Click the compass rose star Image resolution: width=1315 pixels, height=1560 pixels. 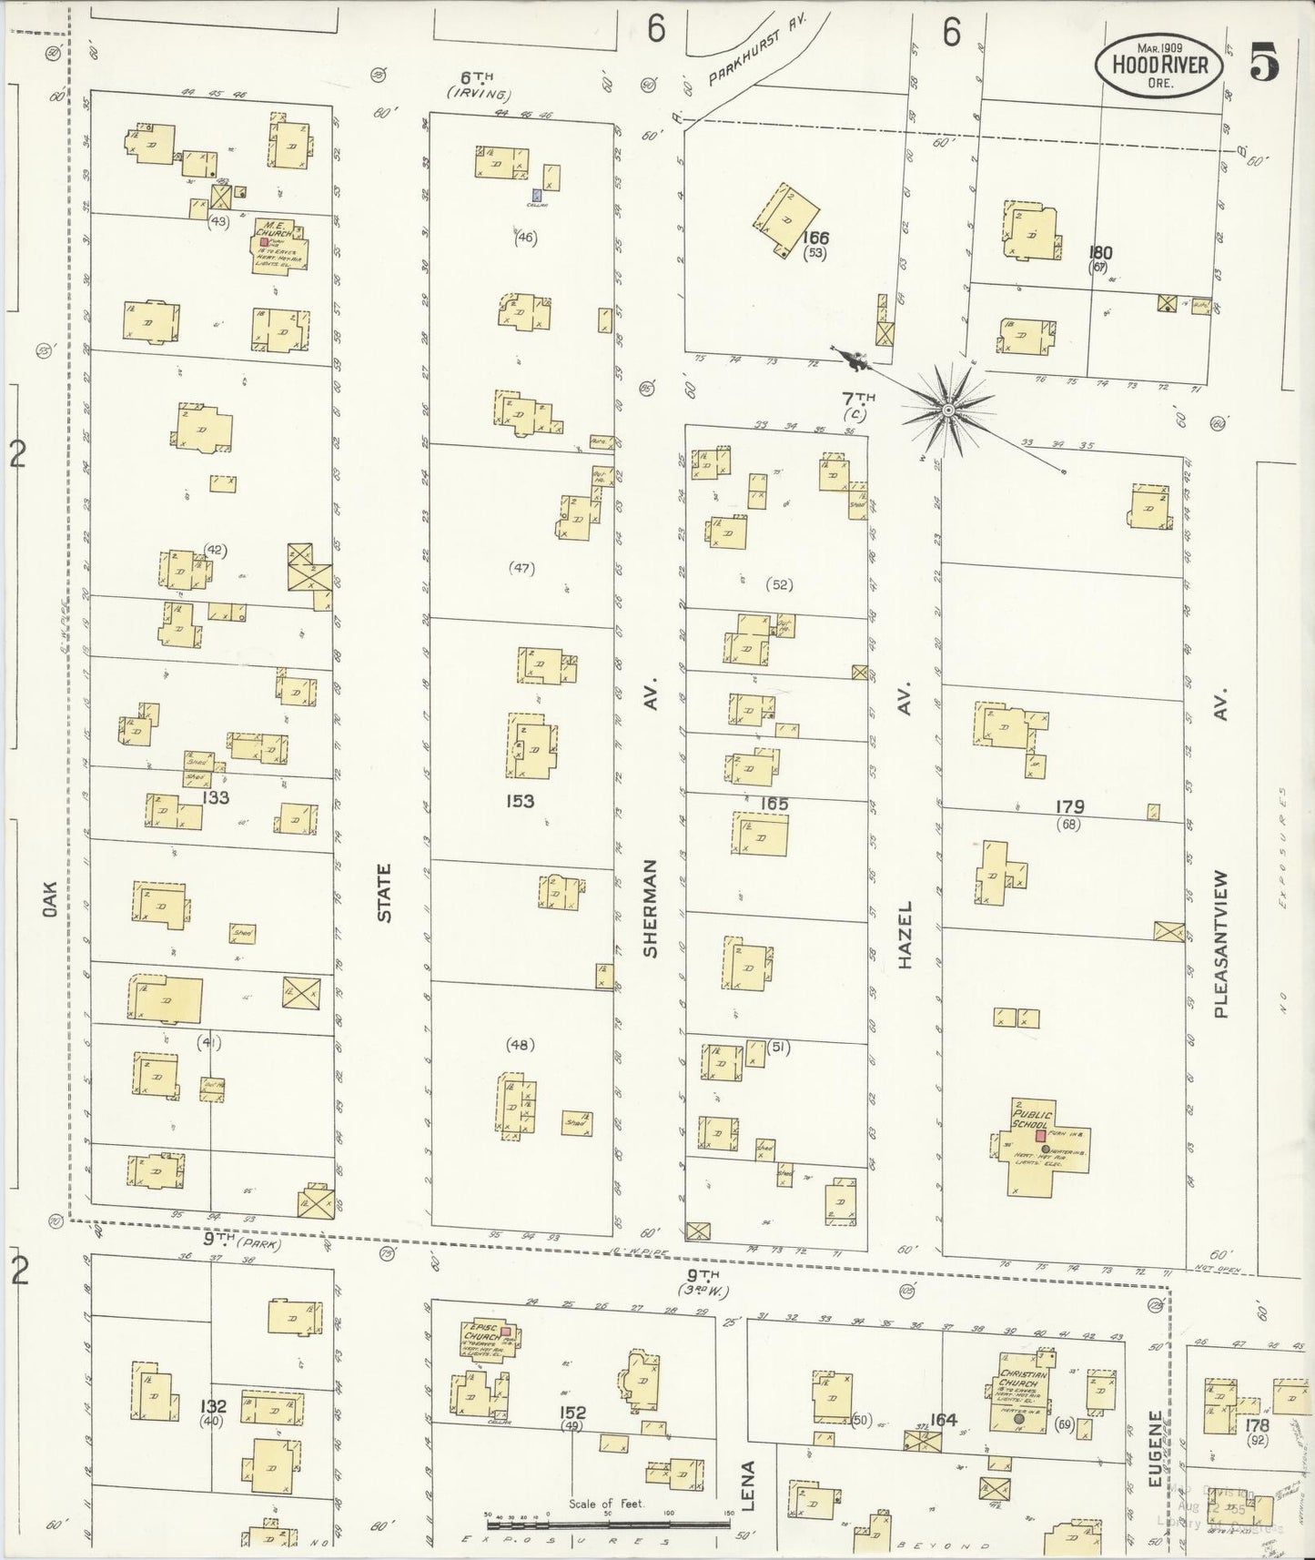click(949, 410)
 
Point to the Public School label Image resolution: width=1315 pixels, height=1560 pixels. click(1032, 1119)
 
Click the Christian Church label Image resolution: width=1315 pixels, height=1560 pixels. click(1018, 1373)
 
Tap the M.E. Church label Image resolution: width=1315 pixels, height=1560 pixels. click(275, 228)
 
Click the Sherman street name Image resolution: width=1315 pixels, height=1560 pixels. click(651, 907)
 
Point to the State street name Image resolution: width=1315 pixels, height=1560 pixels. click(385, 894)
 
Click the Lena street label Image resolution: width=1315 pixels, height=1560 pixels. click(748, 1486)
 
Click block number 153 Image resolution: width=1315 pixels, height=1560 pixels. click(521, 801)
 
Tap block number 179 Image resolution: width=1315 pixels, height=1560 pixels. click(1069, 807)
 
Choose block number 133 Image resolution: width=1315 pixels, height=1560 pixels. click(216, 798)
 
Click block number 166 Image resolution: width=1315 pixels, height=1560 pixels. click(815, 238)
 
